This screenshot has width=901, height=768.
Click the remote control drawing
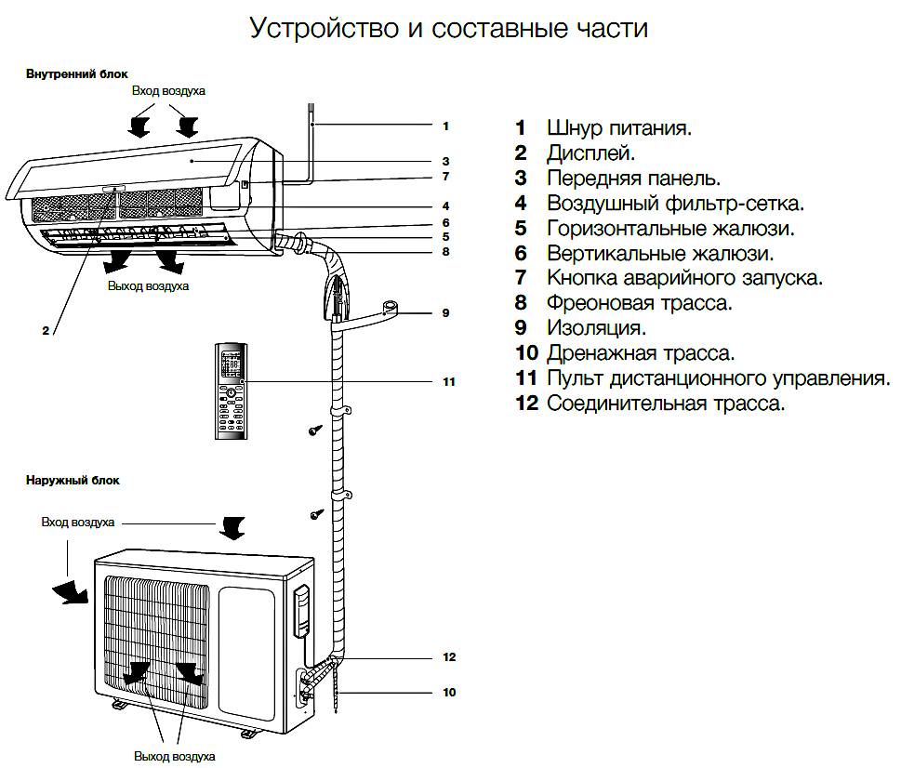(232, 391)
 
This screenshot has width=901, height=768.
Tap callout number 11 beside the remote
(448, 382)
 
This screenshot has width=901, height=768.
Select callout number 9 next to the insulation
(445, 313)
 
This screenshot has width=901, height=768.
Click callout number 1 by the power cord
(445, 126)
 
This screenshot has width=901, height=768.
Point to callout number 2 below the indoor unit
(45, 330)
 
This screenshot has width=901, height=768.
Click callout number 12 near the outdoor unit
(448, 657)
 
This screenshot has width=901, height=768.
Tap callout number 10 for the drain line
(448, 693)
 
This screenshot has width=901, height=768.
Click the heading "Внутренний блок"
(76, 73)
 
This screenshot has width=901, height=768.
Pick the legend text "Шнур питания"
(618, 127)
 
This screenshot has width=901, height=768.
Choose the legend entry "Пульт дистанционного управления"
(718, 378)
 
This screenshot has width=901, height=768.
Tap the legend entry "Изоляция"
(596, 328)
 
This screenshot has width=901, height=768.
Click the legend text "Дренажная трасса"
(641, 353)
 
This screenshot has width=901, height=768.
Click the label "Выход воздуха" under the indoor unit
(148, 286)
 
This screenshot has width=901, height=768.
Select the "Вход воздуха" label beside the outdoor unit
(78, 523)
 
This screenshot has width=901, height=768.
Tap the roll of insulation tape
(390, 306)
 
